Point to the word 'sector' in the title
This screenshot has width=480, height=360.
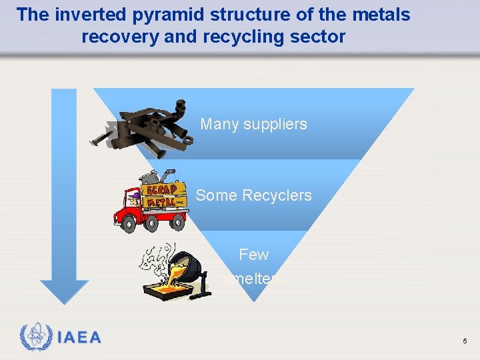318,37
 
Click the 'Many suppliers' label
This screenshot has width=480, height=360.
253,124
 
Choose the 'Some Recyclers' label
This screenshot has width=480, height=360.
253,195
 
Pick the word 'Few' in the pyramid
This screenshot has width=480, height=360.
253,255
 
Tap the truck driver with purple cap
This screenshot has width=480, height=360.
134,198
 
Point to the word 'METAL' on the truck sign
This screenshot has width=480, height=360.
162,201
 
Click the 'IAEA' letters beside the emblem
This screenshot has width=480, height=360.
79,337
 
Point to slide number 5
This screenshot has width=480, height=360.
465,341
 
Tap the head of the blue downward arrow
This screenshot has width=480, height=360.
64,291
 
